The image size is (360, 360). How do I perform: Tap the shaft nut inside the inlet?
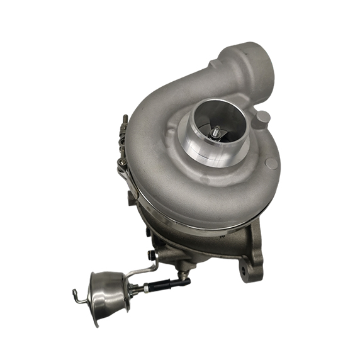(x=217, y=133)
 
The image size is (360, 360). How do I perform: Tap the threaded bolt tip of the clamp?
(x=125, y=118)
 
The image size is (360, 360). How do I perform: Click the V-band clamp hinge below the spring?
(x=123, y=164)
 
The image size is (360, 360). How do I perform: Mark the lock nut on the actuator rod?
(x=147, y=288)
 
